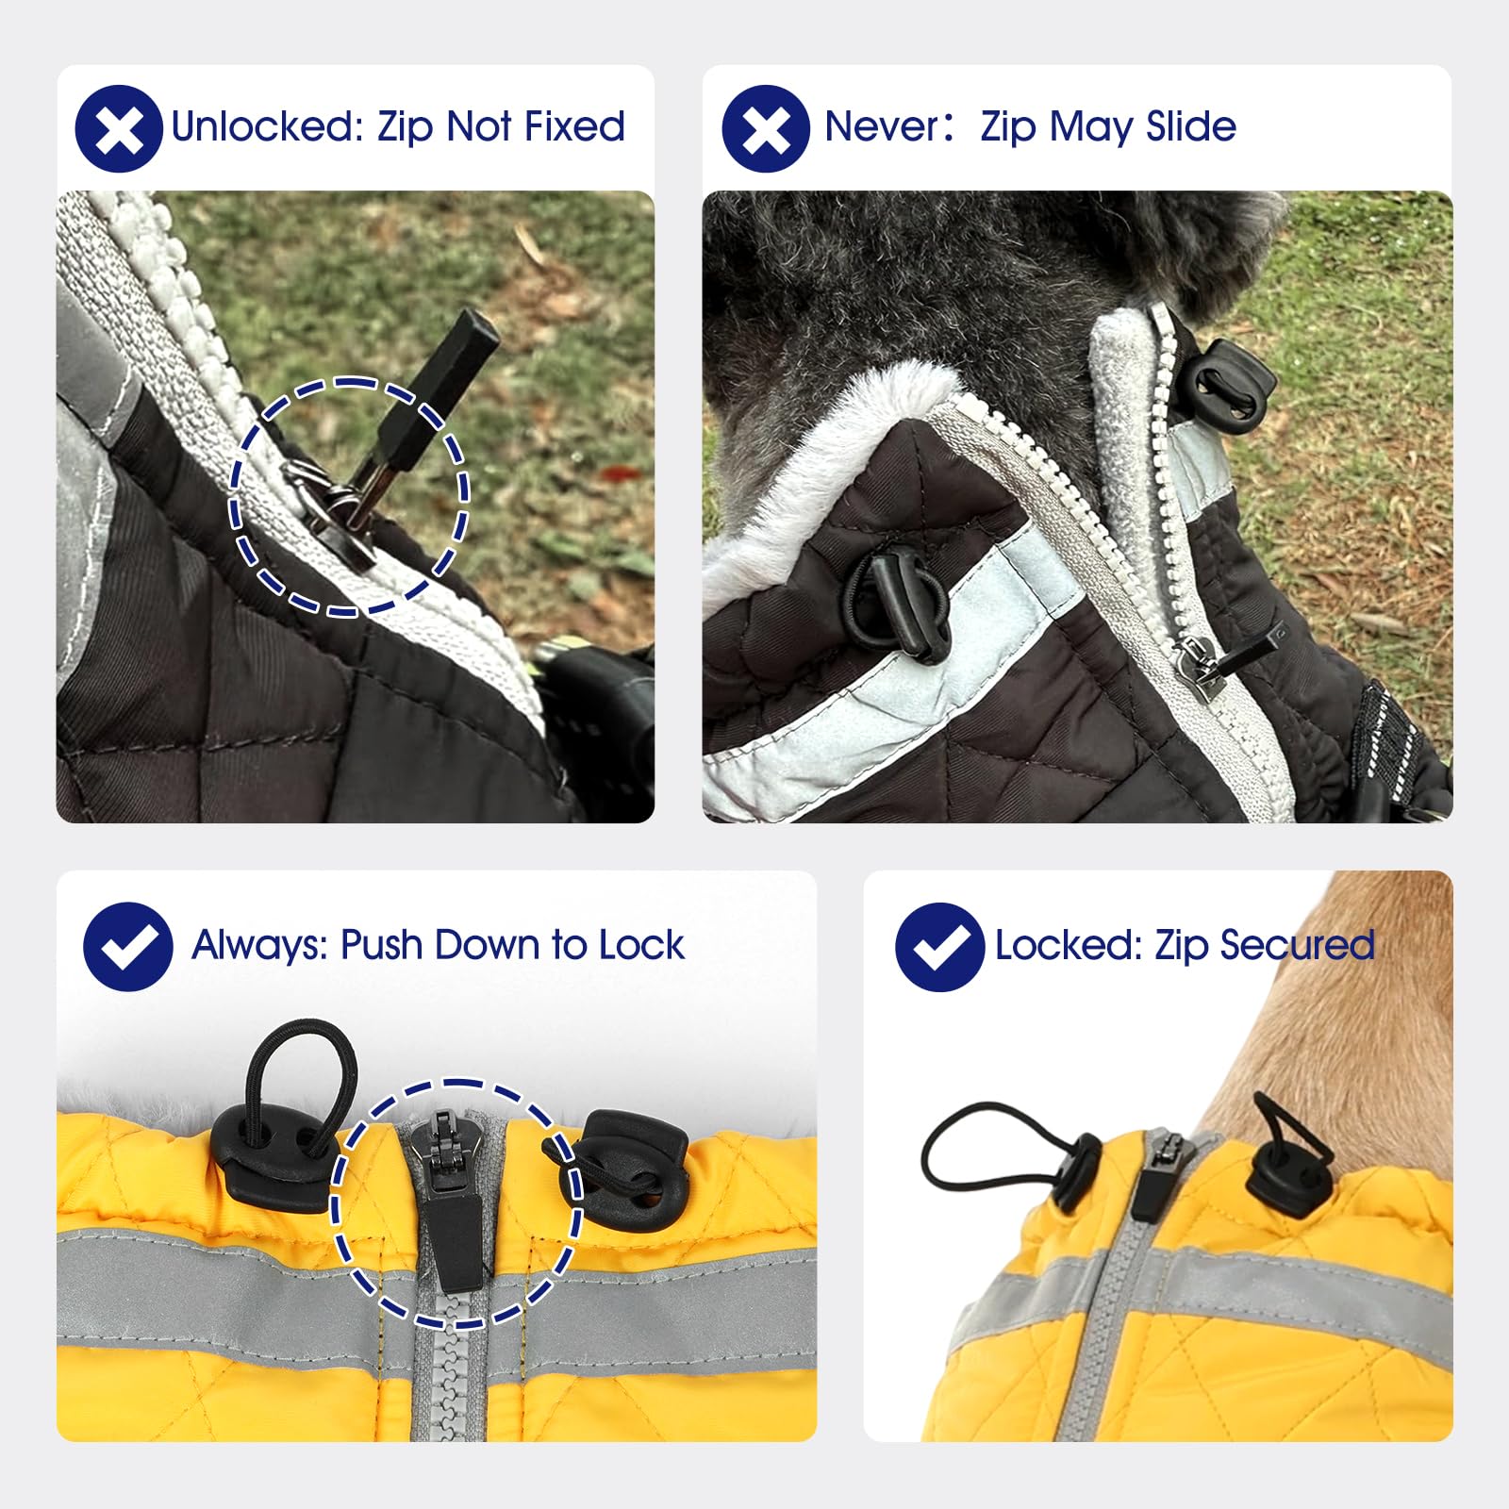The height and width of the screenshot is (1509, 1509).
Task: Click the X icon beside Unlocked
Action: tap(119, 128)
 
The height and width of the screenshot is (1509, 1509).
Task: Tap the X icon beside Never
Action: tap(766, 128)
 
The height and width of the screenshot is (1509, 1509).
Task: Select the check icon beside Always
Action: tap(128, 946)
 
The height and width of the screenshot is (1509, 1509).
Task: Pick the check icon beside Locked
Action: tap(940, 946)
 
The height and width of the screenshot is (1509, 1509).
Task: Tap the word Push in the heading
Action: tap(382, 945)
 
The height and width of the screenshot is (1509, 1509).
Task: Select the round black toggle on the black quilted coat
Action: tap(899, 602)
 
